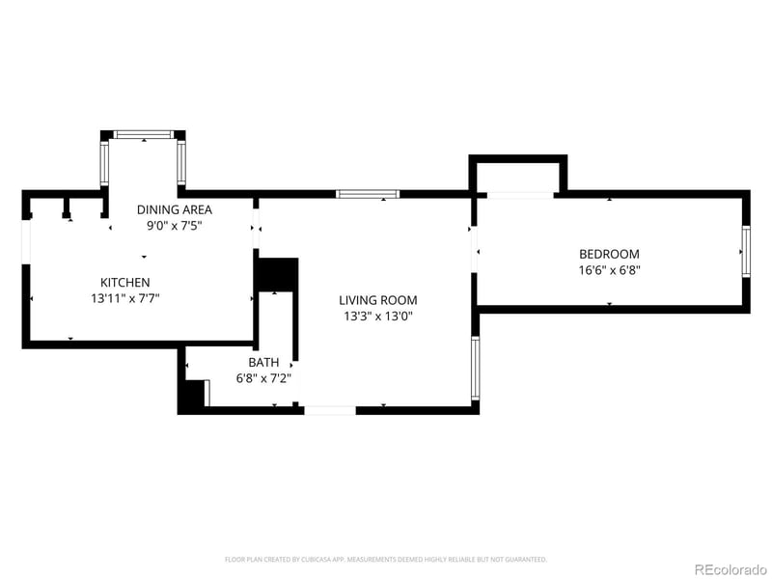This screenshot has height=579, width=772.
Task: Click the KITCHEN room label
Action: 125,282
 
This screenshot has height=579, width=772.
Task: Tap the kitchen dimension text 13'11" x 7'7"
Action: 125,299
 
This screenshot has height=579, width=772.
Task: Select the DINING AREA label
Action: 174,209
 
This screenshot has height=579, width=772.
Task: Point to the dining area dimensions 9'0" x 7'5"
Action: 174,226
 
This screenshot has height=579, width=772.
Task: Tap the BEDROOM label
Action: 609,254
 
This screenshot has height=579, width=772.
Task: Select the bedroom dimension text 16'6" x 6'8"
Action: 609,271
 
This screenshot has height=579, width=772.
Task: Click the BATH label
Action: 263,363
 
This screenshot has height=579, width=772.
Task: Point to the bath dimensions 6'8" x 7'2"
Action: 263,379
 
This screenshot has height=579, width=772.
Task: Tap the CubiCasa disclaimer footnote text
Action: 386,559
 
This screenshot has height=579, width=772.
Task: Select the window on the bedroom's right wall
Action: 745,252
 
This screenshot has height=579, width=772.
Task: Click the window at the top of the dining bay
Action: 144,134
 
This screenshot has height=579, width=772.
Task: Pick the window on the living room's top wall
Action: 368,194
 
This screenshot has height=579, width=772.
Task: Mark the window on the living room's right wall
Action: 475,369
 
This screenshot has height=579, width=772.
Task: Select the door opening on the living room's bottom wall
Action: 330,410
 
